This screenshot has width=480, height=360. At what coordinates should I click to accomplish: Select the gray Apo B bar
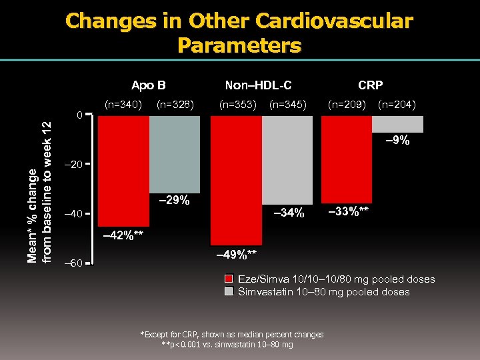[175, 155]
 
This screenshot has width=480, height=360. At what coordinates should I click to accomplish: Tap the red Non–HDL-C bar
[236, 181]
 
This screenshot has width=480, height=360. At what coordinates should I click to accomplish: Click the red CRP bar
[347, 160]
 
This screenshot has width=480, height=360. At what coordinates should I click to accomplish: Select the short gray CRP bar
[398, 124]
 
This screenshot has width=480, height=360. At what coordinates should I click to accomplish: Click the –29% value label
[174, 201]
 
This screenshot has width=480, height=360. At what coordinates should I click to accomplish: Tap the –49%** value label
[235, 255]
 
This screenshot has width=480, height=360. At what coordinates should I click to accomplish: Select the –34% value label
[288, 213]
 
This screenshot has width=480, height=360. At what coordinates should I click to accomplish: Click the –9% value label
[399, 141]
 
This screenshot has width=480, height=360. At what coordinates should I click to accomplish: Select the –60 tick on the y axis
[75, 263]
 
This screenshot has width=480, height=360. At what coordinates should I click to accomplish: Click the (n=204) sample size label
[397, 104]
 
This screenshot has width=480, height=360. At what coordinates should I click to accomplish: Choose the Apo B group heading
[149, 85]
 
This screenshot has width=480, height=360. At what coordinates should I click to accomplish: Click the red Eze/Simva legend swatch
[229, 279]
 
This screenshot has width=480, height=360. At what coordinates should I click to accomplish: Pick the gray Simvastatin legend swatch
[229, 292]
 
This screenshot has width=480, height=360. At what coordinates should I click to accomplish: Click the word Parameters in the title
[239, 45]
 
